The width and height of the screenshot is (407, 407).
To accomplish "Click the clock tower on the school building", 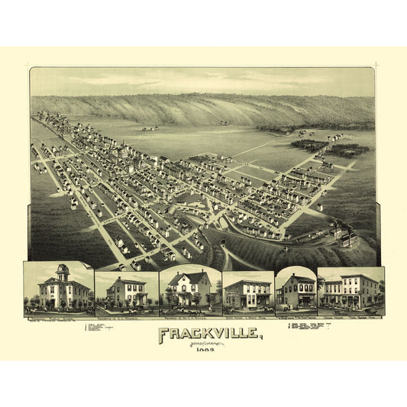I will [62, 271].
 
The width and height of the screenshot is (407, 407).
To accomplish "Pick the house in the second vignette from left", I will [126, 292].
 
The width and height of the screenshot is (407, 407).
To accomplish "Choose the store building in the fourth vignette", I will [248, 293].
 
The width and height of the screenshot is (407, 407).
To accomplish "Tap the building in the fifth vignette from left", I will [296, 292].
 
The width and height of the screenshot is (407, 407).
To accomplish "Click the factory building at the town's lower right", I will [344, 238].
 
